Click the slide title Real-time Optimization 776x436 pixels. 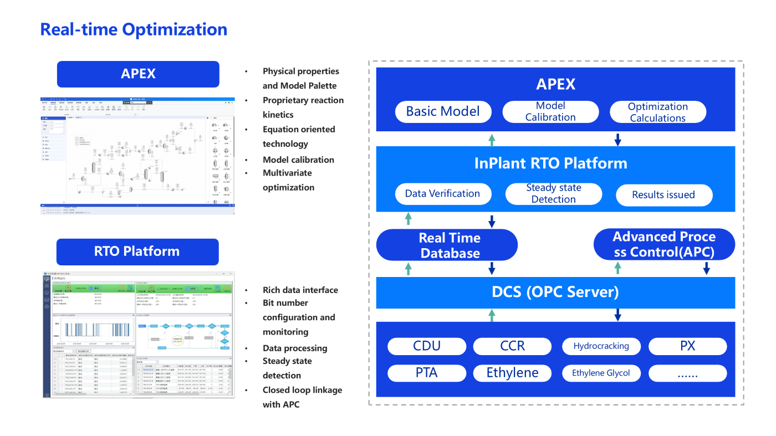point(134,29)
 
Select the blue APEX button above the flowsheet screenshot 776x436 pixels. point(138,74)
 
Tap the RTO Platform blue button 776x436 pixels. point(137,252)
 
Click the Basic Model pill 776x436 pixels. point(443,111)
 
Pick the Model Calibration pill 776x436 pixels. point(550,111)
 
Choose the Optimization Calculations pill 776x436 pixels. point(657,112)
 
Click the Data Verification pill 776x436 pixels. point(442,194)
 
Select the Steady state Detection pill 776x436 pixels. point(553,193)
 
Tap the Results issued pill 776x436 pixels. point(663,194)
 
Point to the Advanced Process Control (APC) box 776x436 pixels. point(664,244)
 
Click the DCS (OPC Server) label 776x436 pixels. point(555,292)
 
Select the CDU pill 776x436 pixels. point(427,346)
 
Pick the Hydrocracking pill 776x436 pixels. point(601,346)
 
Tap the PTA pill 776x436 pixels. point(427,373)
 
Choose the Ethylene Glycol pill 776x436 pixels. point(601,373)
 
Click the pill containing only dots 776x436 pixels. point(687,373)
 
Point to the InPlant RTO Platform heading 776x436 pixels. point(550,163)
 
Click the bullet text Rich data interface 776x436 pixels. point(300,290)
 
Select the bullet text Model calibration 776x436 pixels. point(298,160)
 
